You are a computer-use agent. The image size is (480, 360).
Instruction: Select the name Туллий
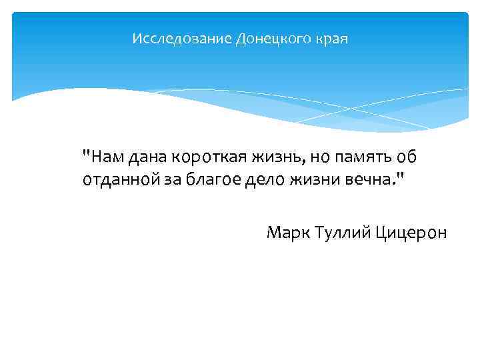(342, 233)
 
